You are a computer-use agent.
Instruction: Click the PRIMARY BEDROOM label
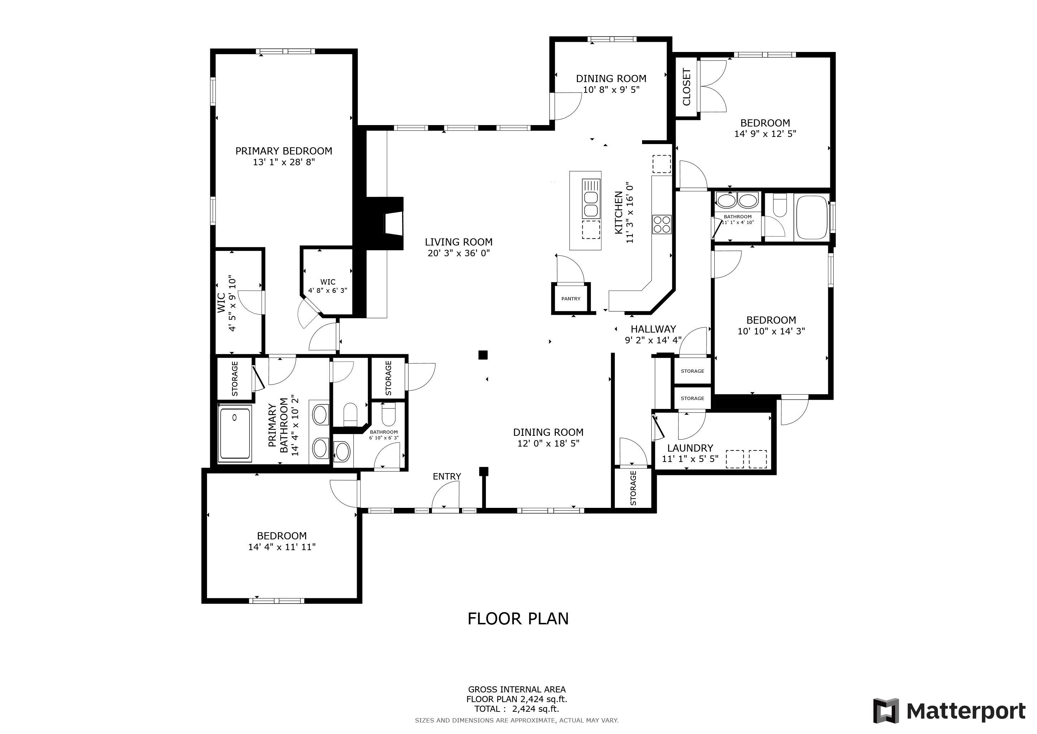[x=284, y=151]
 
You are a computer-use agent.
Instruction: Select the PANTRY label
[x=571, y=299]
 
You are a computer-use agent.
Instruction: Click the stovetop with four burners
[x=662, y=224]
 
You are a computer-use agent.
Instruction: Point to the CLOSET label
[x=686, y=87]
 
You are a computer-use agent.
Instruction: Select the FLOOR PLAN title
[x=518, y=618]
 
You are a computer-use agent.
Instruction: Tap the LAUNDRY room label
[x=690, y=448]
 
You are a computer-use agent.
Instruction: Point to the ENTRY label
[x=447, y=476]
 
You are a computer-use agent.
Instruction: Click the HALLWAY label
[x=653, y=329]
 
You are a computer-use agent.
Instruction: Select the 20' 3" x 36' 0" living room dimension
[x=458, y=253]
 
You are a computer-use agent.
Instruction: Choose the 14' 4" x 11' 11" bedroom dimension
[x=282, y=547]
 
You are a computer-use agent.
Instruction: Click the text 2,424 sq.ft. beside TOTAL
[x=536, y=709]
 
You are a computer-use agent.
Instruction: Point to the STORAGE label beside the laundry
[x=633, y=488]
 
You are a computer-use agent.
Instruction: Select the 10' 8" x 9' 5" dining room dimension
[x=611, y=90]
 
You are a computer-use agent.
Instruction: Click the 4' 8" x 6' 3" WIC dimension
[x=328, y=291]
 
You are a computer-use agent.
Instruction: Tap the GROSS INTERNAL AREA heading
[x=517, y=689]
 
